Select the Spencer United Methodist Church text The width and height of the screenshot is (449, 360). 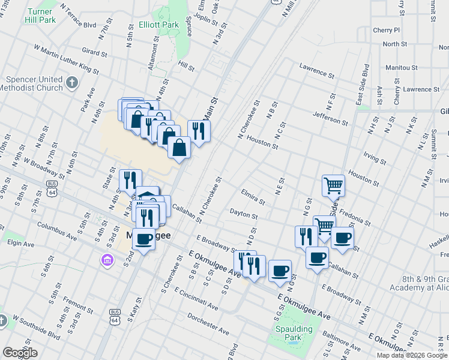(x=34, y=83)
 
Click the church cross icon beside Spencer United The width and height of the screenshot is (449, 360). (x=72, y=82)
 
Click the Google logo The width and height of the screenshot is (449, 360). (x=20, y=353)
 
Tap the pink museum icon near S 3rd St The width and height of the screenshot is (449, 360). (x=107, y=260)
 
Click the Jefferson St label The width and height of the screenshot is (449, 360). (x=330, y=118)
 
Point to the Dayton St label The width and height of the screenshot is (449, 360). (x=243, y=214)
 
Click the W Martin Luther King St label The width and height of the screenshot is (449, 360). (x=66, y=59)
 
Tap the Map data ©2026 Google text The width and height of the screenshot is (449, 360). (x=411, y=355)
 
